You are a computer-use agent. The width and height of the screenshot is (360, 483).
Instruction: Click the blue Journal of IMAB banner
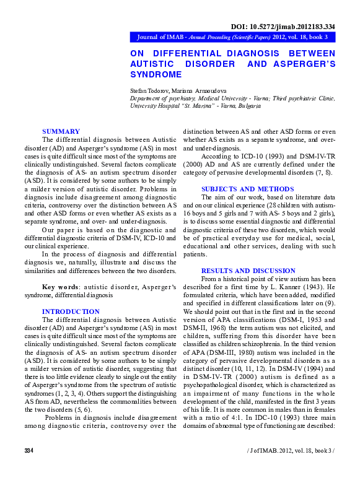tap(232, 37)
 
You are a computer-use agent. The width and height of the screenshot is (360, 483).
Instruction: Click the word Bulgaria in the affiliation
tap(246, 106)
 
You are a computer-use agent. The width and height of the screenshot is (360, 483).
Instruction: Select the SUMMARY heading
tap(61, 131)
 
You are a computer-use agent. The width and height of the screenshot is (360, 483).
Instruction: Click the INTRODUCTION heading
tap(71, 311)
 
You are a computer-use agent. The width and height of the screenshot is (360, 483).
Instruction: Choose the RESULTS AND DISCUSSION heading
tap(248, 271)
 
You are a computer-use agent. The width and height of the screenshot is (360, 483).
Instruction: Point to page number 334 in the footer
tap(29, 466)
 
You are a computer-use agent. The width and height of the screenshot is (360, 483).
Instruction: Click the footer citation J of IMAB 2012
tap(291, 466)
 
